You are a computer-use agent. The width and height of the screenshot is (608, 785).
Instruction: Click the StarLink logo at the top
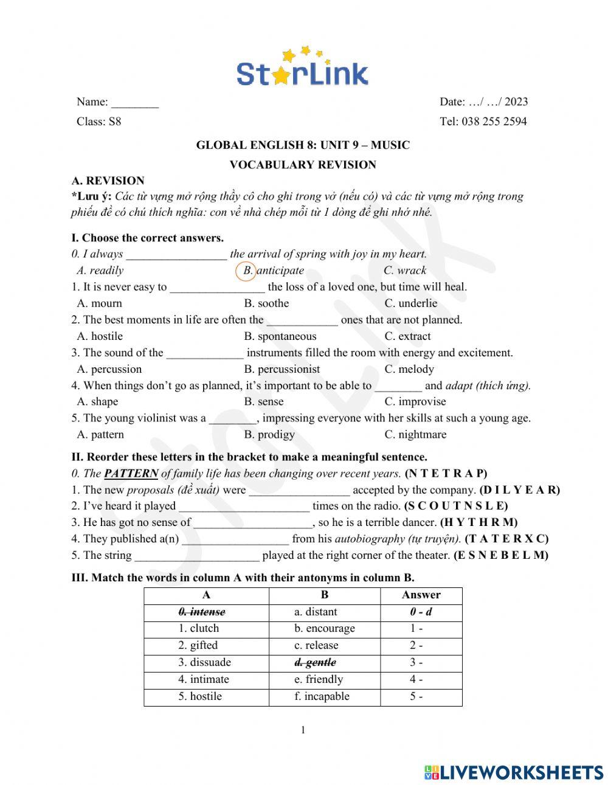(x=302, y=67)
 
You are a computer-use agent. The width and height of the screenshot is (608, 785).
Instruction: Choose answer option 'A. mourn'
(x=100, y=303)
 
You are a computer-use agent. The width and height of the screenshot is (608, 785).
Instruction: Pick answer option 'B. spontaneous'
(x=280, y=336)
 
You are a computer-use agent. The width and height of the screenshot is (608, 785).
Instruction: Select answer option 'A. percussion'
(x=109, y=369)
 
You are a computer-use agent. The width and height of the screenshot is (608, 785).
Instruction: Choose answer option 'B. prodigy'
(x=269, y=434)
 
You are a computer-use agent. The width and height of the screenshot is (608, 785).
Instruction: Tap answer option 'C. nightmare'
(x=415, y=434)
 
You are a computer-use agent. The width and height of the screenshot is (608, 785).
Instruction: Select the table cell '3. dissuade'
(x=205, y=662)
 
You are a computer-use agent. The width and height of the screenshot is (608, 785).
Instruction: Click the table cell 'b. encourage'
(x=325, y=628)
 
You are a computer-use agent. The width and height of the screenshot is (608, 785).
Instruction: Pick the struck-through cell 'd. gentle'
(x=316, y=662)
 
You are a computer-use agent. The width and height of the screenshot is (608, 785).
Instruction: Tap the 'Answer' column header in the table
(x=421, y=595)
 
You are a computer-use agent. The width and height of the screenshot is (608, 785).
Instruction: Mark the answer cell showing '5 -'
(x=416, y=696)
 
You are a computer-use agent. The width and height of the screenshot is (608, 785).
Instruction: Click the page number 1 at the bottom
(x=303, y=730)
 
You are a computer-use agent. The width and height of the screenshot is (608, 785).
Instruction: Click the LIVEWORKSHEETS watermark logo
(x=514, y=772)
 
